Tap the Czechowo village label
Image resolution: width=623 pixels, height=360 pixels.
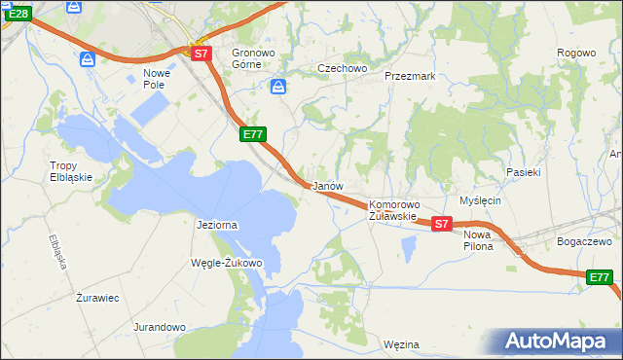[342, 68]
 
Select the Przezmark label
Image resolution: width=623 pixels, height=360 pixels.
[410, 75]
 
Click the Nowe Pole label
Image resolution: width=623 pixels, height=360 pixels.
[157, 79]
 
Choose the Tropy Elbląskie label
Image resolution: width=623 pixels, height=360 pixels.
[71, 171]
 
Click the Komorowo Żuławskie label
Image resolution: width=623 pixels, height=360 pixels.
[393, 210]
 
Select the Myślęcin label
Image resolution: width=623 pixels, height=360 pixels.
[480, 200]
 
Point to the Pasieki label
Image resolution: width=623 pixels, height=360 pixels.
[523, 171]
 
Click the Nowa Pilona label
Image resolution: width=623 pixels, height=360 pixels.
[478, 240]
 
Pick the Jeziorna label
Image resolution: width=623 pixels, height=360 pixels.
[217, 225]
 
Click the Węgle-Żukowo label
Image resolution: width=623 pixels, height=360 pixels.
[227, 263]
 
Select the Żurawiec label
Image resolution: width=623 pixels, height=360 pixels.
[97, 298]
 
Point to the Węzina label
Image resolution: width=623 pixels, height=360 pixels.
[401, 344]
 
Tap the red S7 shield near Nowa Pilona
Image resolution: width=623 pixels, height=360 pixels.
[441, 224]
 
